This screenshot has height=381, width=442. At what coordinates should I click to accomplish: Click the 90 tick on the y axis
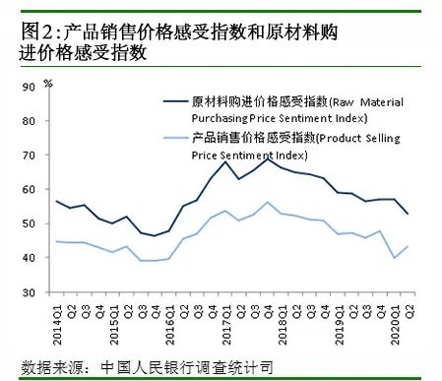[30, 87]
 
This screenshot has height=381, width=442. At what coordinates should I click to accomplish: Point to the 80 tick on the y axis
[30, 121]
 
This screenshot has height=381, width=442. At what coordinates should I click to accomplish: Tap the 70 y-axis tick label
[30, 156]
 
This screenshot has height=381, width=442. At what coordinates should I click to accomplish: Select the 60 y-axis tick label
[30, 190]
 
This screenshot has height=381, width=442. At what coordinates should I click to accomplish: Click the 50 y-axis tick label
[30, 224]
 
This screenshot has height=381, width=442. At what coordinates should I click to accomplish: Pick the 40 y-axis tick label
[30, 258]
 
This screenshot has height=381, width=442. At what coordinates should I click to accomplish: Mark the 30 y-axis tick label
[30, 292]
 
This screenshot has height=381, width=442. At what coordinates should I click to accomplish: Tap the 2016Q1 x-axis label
[169, 317]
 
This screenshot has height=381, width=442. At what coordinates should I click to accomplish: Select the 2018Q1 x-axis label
[283, 317]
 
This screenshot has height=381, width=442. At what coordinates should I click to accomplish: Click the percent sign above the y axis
[47, 71]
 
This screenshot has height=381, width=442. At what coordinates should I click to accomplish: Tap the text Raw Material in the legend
[375, 100]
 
